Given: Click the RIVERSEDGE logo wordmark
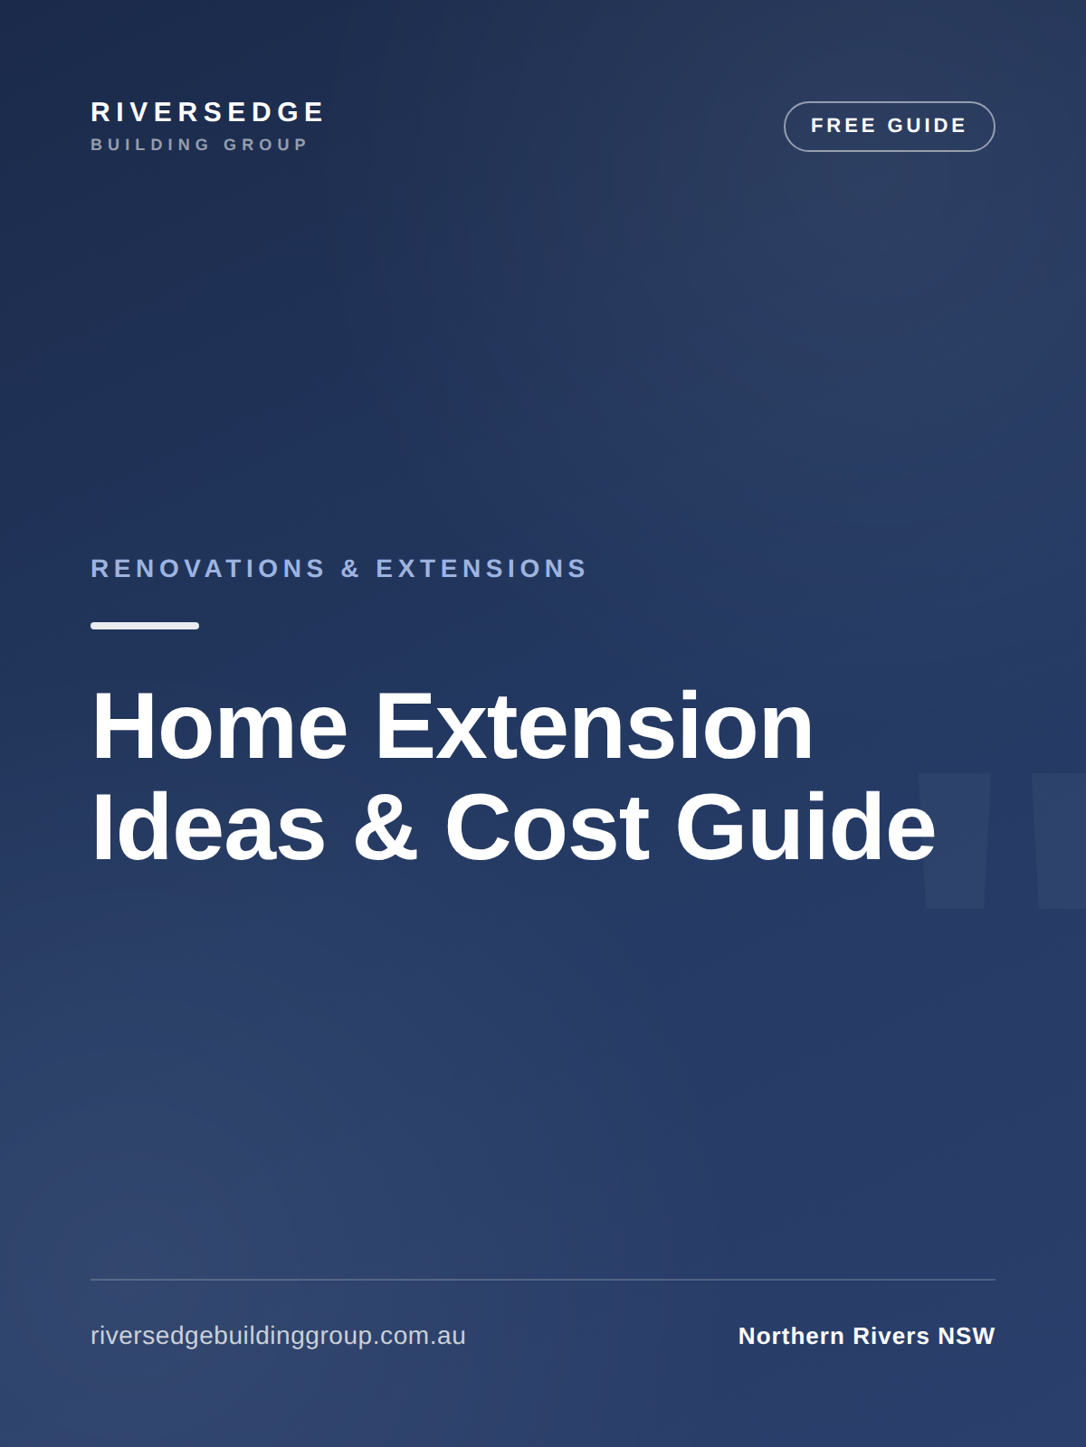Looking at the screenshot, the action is pyautogui.click(x=207, y=112).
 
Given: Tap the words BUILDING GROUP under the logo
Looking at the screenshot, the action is pyautogui.click(x=199, y=145).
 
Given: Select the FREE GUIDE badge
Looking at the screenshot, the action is pyautogui.click(x=889, y=126).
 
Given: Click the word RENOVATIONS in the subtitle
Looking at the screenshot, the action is pyautogui.click(x=208, y=568).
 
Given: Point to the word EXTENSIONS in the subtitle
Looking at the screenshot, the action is pyautogui.click(x=481, y=568).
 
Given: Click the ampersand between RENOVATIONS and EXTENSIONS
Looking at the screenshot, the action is pyautogui.click(x=350, y=568).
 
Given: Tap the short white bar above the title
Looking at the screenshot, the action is pyautogui.click(x=145, y=626).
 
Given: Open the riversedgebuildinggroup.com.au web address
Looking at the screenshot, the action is pyautogui.click(x=278, y=1336).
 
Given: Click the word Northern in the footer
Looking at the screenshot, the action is pyautogui.click(x=791, y=1336).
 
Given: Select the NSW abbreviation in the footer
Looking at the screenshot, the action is pyautogui.click(x=967, y=1336).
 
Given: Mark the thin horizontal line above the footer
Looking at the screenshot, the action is pyautogui.click(x=543, y=1280).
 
